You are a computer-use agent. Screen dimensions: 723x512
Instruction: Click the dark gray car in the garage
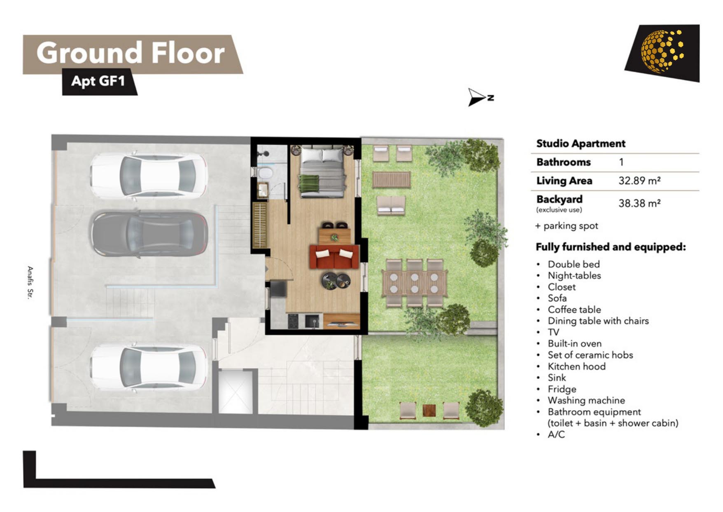pyautogui.click(x=149, y=234)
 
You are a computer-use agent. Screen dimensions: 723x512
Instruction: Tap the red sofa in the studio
pyautogui.click(x=334, y=257)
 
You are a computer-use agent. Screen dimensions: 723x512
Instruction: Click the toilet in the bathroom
pyautogui.click(x=266, y=172)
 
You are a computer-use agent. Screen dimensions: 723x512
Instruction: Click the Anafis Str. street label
pyautogui.click(x=30, y=282)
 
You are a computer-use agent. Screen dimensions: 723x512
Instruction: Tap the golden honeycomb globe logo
pyautogui.click(x=662, y=51)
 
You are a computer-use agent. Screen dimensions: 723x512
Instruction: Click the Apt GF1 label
pyautogui.click(x=98, y=81)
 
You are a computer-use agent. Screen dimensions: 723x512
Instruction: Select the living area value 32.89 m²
pyautogui.click(x=639, y=181)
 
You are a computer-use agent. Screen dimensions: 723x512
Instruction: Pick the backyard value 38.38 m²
pyautogui.click(x=639, y=203)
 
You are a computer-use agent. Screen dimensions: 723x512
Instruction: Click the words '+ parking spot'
pyautogui.click(x=567, y=226)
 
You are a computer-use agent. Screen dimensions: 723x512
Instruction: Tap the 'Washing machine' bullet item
pyautogui.click(x=586, y=400)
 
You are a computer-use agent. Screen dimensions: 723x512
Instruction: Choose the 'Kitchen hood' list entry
pyautogui.click(x=576, y=366)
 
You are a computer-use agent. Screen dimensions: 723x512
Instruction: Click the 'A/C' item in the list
pyautogui.click(x=556, y=434)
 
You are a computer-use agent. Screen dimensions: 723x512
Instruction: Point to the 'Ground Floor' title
pyautogui.click(x=131, y=53)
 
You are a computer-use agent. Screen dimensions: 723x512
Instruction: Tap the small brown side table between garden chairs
pyautogui.click(x=429, y=411)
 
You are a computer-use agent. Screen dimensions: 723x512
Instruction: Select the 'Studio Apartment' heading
pyautogui.click(x=581, y=143)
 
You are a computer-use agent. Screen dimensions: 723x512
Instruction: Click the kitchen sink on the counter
pyautogui.click(x=312, y=321)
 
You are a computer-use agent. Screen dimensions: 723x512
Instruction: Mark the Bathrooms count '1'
pyautogui.click(x=621, y=162)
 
